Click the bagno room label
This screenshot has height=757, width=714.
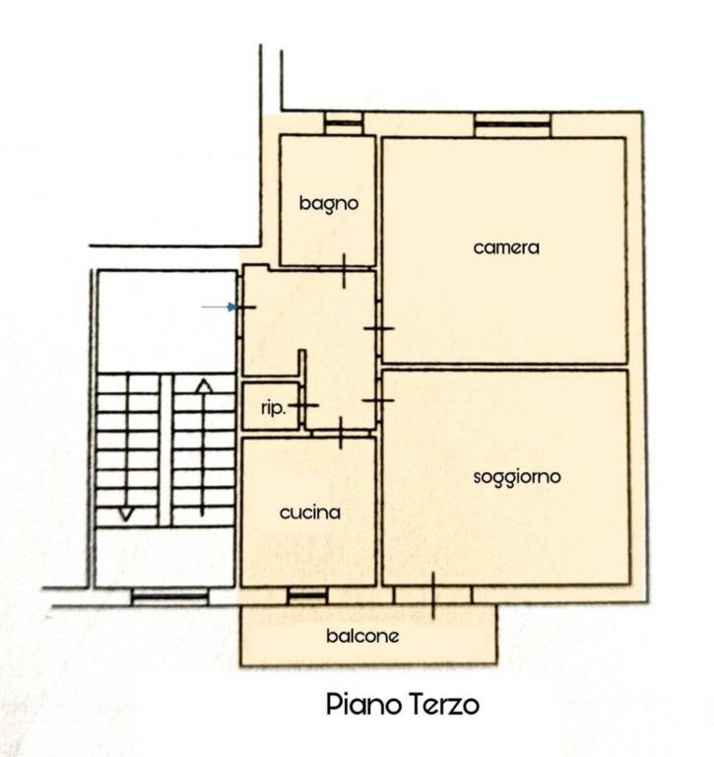(x=329, y=203)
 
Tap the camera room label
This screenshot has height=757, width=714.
(x=506, y=247)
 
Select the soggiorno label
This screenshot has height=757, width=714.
(x=517, y=477)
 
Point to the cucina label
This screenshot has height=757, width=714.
(x=309, y=513)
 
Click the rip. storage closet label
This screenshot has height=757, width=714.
(x=274, y=408)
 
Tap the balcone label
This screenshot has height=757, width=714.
(x=362, y=636)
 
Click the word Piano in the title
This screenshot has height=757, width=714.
(x=364, y=705)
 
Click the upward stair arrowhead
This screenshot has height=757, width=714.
(x=204, y=385)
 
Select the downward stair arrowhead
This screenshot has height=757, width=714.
(x=126, y=515)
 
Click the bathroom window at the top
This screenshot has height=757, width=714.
(x=344, y=123)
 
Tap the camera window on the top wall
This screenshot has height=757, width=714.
(x=512, y=124)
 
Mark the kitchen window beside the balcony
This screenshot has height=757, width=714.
(x=307, y=595)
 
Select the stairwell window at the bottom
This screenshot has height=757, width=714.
(x=169, y=597)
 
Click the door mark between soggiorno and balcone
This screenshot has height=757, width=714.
(x=432, y=595)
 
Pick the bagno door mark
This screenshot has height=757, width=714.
(x=344, y=271)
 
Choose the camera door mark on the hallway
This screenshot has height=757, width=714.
(x=379, y=329)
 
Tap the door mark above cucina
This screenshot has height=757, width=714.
(x=341, y=433)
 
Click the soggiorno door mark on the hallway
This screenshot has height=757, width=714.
(x=379, y=400)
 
